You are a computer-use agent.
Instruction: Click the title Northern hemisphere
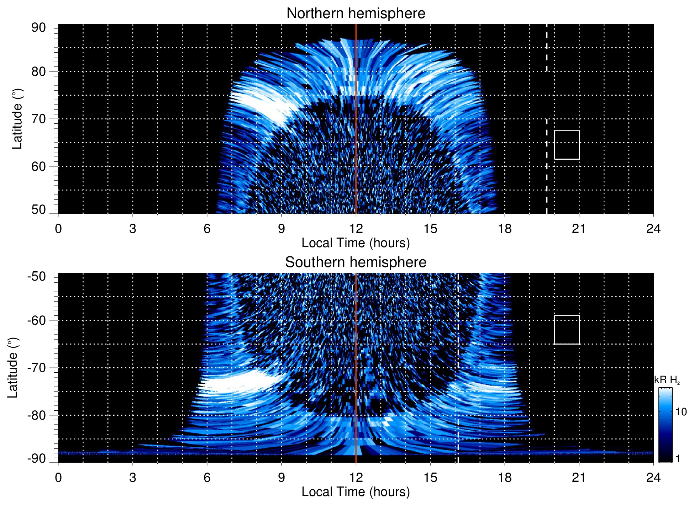coord(356,14)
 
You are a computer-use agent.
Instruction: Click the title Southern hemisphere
coord(356,262)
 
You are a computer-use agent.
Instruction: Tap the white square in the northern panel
coord(567,145)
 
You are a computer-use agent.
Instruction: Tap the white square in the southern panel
coord(567,330)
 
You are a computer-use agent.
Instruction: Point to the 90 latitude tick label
coord(38,28)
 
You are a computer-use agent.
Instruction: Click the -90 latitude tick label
coord(37,459)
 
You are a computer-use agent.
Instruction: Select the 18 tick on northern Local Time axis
coord(505,229)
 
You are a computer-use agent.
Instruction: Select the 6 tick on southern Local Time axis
coord(207,478)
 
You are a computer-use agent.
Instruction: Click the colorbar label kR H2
coord(667,380)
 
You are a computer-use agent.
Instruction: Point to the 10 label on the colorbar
coord(681,412)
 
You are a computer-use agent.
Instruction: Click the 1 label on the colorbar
coord(678,459)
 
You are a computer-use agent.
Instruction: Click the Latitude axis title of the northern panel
coord(17,119)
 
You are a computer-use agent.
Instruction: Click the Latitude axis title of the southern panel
coord(12,368)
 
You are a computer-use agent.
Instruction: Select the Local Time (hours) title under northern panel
coord(356,243)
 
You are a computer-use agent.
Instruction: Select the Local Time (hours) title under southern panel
coord(356,492)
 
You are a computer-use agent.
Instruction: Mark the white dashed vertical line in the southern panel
coord(458,356)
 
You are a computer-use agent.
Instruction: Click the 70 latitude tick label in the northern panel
coord(38,119)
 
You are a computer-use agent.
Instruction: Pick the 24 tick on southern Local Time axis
coord(653,478)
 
